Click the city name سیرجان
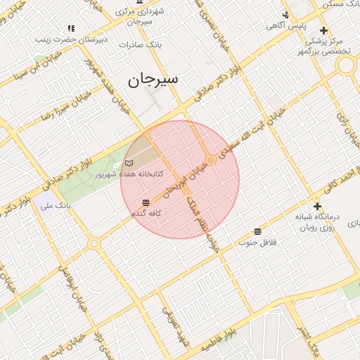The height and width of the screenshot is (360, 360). [153, 80]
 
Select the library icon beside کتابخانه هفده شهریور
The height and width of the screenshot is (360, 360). [118, 163]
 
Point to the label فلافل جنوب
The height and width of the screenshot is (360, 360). [258, 242]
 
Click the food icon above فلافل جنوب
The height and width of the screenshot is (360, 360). [258, 231]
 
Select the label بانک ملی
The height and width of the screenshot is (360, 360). [56, 206]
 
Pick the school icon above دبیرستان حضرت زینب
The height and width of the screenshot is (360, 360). [71, 28]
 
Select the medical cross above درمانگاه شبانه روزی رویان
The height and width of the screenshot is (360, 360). [317, 206]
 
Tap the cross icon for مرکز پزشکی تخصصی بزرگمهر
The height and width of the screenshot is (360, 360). [323, 30]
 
